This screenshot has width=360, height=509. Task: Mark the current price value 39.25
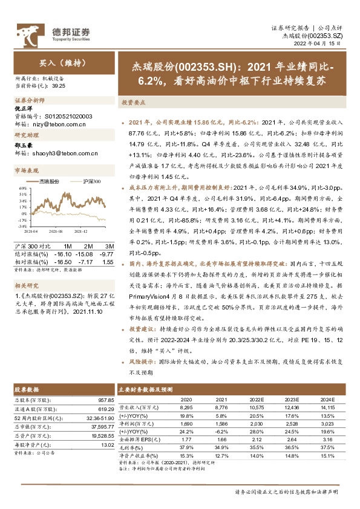click(59, 86)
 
